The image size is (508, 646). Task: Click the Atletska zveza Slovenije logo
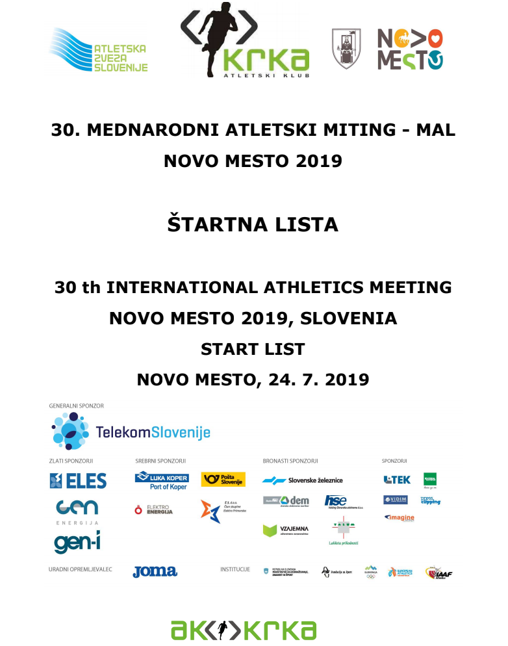(99, 51)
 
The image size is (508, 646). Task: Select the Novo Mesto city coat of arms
(346, 48)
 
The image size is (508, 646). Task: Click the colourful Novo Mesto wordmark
(410, 49)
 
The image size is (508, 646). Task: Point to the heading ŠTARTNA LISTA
(253, 225)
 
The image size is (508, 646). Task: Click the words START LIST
(253, 349)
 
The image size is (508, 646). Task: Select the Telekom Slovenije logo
(130, 431)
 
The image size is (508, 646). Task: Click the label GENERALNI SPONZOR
(76, 406)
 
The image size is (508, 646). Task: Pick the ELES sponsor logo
(78, 480)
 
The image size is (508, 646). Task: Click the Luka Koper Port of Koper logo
(162, 481)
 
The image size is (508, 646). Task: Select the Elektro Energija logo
(154, 510)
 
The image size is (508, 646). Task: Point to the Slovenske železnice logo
(302, 480)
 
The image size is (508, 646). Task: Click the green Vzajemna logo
(285, 530)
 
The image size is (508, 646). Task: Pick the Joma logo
(155, 571)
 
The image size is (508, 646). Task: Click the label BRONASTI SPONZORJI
(290, 461)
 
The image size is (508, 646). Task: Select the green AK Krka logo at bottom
(243, 628)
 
